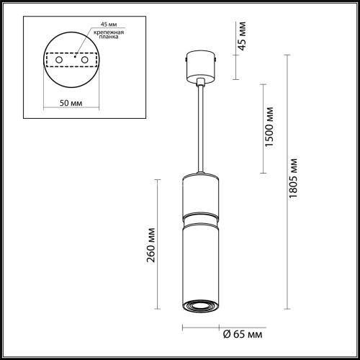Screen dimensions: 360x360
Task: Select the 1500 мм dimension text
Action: click(269, 127)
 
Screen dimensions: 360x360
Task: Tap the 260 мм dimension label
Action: click(151, 246)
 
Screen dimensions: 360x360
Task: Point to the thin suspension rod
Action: click(200, 130)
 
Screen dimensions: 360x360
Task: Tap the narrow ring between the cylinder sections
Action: click(200, 216)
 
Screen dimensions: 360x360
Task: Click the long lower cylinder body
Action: click(200, 259)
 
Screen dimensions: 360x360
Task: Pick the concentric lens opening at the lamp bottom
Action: click(200, 306)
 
